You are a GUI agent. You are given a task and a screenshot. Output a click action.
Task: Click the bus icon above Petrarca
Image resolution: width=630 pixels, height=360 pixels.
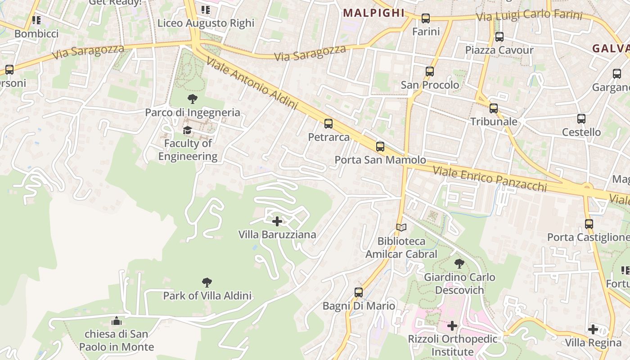point(328,124)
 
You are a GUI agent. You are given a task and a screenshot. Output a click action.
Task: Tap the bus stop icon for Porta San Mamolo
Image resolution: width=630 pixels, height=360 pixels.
point(380,146)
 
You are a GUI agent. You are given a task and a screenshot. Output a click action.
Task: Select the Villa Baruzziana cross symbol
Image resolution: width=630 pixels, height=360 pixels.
point(277,221)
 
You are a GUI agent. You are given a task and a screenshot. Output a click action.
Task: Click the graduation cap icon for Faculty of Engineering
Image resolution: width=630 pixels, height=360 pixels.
point(187,130)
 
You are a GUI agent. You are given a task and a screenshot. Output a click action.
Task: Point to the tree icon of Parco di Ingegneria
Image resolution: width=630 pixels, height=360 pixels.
point(192,99)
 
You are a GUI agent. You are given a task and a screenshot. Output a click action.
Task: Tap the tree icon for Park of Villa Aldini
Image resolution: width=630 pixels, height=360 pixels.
point(207,283)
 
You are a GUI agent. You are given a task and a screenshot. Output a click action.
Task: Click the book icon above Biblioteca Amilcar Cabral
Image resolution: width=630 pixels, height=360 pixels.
point(401,228)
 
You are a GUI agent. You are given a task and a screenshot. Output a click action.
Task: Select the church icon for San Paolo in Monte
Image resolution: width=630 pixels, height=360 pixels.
point(117,321)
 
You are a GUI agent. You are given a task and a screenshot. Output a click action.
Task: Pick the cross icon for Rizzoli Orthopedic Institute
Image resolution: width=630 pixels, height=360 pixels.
point(452,326)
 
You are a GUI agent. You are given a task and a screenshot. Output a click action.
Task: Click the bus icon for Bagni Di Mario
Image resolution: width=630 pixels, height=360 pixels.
point(359,292)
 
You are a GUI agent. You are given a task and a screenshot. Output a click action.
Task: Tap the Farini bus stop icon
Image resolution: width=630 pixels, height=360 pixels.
point(426,18)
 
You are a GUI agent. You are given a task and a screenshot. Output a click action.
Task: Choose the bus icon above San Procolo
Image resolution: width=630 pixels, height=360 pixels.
point(430,72)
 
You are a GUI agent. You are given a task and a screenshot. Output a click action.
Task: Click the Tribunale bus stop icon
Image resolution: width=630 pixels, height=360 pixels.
point(494,108)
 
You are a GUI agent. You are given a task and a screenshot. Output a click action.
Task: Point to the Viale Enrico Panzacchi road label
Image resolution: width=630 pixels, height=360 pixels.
point(490,179)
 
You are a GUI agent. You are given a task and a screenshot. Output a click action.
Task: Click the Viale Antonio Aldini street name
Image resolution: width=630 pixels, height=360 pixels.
point(252,83)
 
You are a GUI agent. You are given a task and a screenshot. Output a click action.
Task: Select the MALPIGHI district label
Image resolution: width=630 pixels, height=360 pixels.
point(373,13)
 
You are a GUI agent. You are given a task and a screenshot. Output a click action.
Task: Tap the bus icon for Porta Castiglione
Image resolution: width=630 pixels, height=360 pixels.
point(589,224)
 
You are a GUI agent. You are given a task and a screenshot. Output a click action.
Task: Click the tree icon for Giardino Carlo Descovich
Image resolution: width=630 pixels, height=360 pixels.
point(459,264)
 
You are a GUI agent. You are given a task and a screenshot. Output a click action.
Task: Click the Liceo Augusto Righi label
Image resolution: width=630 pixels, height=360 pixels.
point(206,23)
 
